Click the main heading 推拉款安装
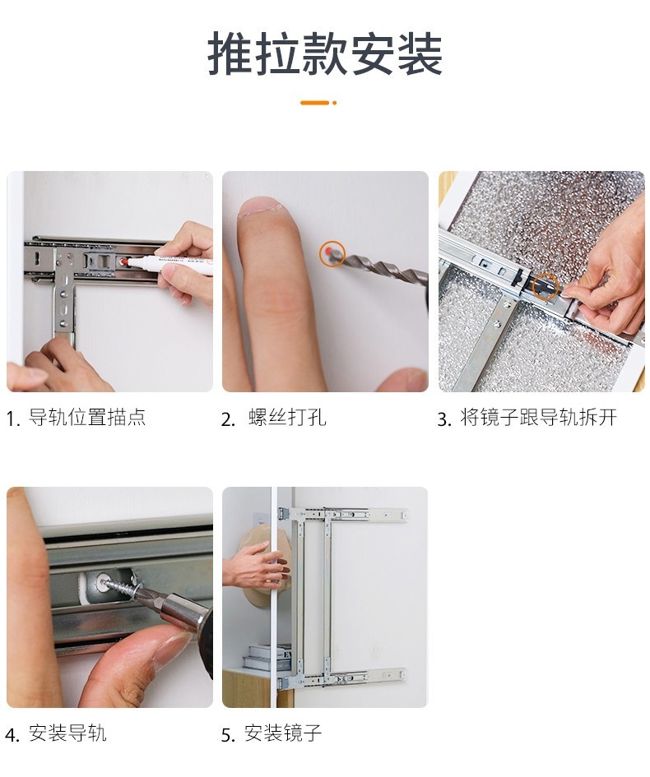[325, 53]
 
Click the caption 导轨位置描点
[87, 417]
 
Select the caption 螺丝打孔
[288, 417]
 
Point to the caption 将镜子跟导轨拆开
[538, 417]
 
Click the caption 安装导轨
[67, 733]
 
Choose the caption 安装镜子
[283, 733]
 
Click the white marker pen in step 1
[168, 264]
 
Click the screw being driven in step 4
[120, 585]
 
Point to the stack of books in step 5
[267, 657]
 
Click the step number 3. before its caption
[444, 419]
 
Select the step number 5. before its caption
[228, 735]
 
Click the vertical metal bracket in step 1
[64, 293]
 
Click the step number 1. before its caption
[13, 419]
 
